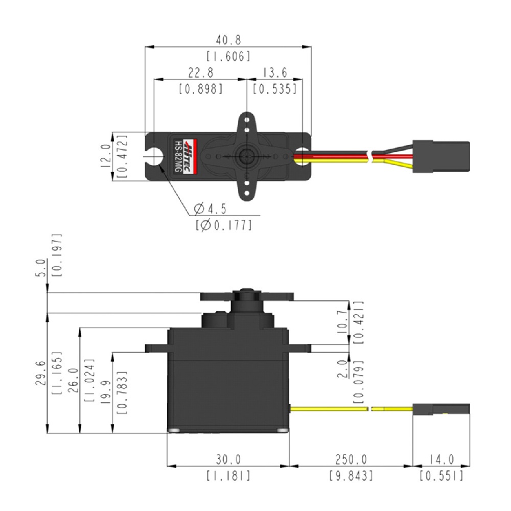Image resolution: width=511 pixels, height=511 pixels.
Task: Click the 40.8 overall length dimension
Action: (x=228, y=39)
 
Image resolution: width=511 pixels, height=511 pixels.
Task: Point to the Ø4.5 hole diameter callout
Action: (x=210, y=208)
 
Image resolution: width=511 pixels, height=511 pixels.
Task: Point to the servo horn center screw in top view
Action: (x=247, y=155)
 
